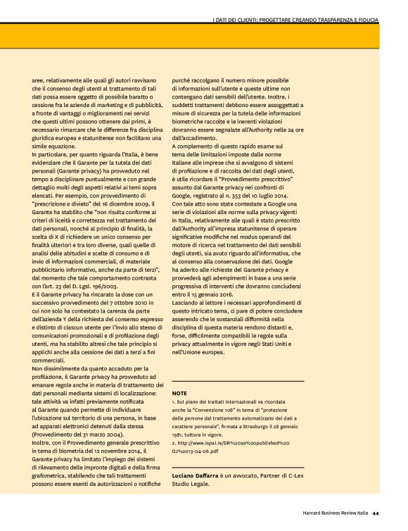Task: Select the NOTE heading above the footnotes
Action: coord(179,392)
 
